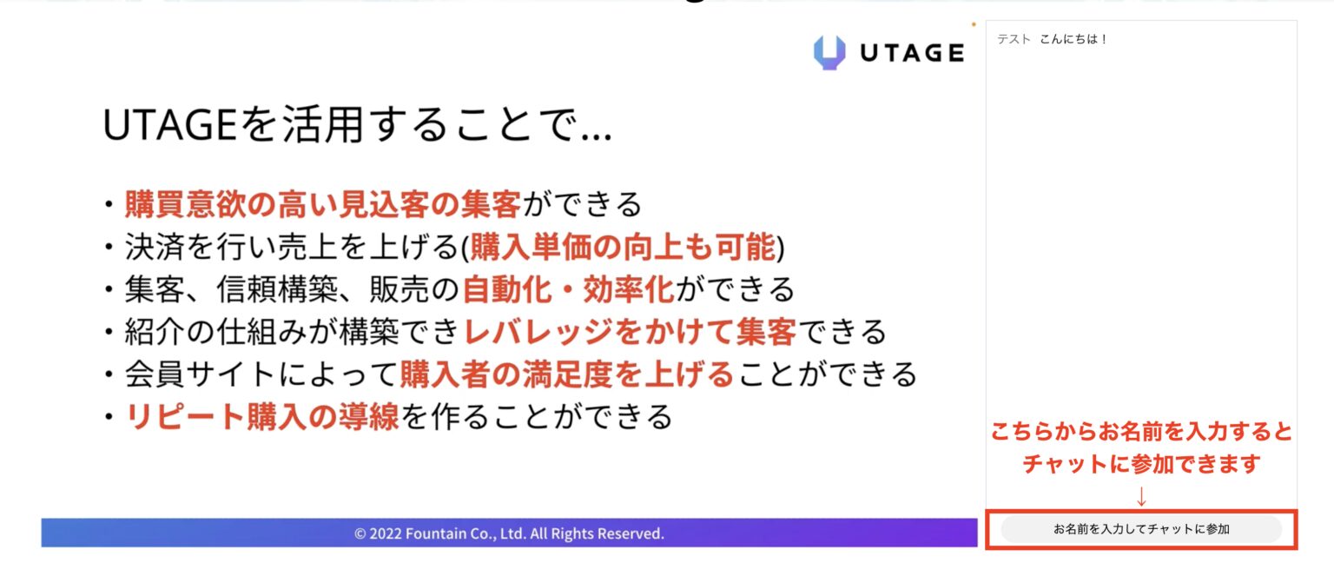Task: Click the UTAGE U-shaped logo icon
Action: tap(829, 52)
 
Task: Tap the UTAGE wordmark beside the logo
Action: tap(913, 53)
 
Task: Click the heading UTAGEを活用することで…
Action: tap(357, 124)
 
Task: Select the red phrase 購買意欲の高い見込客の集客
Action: tap(323, 204)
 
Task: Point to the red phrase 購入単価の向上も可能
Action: tap(623, 247)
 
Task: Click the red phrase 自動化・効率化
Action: tap(568, 289)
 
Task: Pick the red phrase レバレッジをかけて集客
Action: tap(630, 332)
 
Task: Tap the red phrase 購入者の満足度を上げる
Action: tap(566, 374)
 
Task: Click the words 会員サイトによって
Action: tap(261, 374)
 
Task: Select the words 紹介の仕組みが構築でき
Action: tap(293, 332)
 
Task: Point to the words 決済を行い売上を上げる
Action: tap(291, 247)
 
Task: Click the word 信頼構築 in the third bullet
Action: tap(276, 289)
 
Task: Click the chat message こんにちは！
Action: tap(1073, 39)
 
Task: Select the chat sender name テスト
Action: tap(1014, 39)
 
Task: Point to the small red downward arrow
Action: tap(1141, 496)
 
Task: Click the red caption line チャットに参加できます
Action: tap(1141, 463)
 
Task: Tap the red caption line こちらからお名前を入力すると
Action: tap(1141, 431)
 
